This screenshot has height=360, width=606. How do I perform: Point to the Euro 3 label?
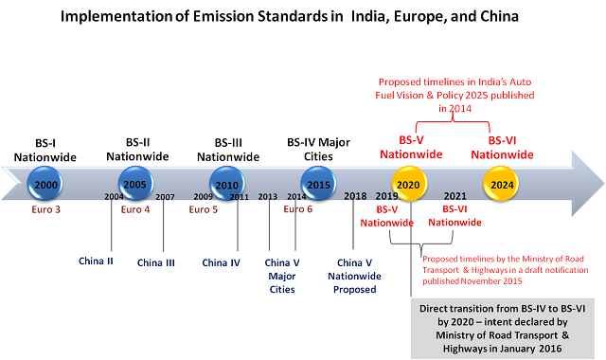(x=45, y=209)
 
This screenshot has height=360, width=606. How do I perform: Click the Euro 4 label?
(x=135, y=209)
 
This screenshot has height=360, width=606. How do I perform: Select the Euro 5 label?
(x=204, y=209)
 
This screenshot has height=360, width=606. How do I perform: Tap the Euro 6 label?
(x=299, y=209)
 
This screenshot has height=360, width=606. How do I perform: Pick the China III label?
(x=156, y=262)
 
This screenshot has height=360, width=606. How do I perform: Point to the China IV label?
(x=221, y=262)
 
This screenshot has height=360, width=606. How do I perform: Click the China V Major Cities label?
(x=281, y=275)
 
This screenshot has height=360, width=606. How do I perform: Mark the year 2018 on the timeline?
(x=355, y=196)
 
